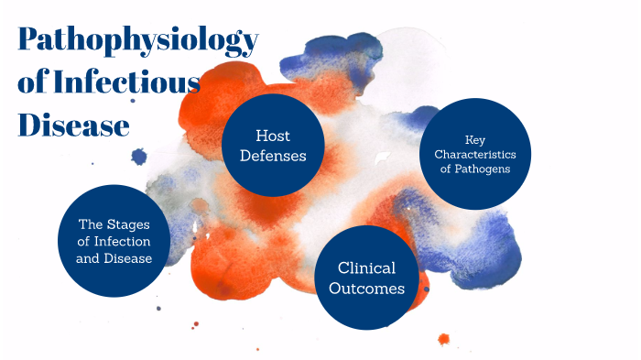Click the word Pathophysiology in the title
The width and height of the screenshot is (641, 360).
point(137,42)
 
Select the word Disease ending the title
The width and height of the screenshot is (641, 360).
point(73,124)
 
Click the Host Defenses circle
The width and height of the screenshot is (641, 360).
point(273,145)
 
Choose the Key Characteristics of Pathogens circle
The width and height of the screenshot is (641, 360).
point(475,153)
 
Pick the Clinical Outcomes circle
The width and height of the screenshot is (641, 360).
point(366,278)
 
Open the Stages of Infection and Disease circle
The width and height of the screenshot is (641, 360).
point(114,241)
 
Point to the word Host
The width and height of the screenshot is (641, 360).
point(273,134)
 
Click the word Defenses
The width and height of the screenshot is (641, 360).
point(273,156)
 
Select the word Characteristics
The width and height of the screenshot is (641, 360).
point(475,153)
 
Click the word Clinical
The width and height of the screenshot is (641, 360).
point(366,267)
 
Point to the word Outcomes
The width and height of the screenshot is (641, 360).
point(366,289)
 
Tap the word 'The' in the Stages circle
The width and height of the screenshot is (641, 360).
point(92,224)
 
